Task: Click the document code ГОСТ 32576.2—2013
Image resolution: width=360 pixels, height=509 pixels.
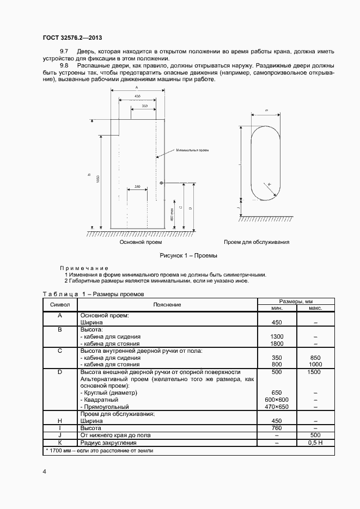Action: (x=72, y=38)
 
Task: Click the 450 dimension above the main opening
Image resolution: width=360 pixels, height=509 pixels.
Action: (x=137, y=96)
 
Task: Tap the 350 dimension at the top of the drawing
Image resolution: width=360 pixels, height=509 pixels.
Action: (x=144, y=106)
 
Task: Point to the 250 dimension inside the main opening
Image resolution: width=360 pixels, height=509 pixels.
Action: (x=137, y=187)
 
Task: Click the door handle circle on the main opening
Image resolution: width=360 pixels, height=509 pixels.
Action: (x=161, y=182)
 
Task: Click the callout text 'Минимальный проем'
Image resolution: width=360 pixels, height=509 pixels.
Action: (x=192, y=150)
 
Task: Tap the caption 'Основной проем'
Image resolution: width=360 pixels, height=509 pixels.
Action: (x=138, y=242)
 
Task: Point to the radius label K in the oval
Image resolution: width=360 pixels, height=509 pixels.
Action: (x=270, y=185)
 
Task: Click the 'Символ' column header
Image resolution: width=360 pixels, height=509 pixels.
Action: (x=59, y=304)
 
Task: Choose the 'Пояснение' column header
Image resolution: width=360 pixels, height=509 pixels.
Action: (x=167, y=304)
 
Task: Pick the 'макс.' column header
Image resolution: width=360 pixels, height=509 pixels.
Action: (x=315, y=308)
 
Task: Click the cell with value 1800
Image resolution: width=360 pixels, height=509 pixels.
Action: (x=277, y=344)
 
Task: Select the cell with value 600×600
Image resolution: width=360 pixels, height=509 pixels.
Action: (x=277, y=399)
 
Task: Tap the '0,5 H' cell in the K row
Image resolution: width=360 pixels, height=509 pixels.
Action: (x=315, y=443)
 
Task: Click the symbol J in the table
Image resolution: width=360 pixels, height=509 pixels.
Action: (x=59, y=435)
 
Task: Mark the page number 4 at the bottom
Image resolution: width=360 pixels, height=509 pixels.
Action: (x=45, y=471)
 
